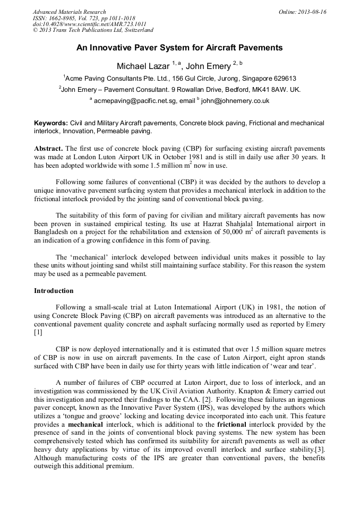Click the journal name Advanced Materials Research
[69, 12]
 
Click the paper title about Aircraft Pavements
[179, 48]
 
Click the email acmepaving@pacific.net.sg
[135, 100]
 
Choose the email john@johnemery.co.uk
[235, 100]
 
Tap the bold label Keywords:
[51, 123]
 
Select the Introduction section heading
[54, 291]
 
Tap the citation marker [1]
[38, 333]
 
